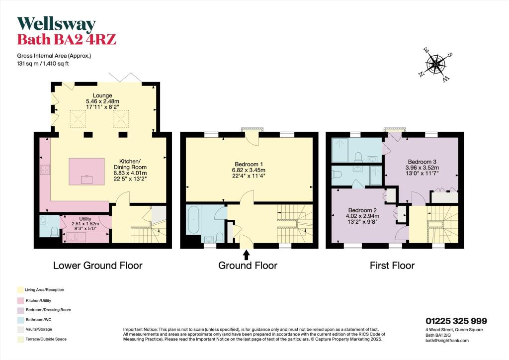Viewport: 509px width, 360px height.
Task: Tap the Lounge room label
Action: (x=102, y=95)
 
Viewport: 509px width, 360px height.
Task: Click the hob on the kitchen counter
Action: (x=45, y=170)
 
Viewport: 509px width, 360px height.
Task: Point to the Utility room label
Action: (x=85, y=219)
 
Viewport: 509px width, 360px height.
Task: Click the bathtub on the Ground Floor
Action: (x=193, y=219)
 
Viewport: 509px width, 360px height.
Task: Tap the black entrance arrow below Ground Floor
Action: (x=247, y=255)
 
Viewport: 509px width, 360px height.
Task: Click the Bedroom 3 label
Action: (x=422, y=162)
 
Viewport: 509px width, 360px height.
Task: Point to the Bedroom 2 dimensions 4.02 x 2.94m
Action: (x=362, y=216)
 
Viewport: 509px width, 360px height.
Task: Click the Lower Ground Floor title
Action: (x=98, y=266)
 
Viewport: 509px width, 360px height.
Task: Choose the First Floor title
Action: (x=392, y=266)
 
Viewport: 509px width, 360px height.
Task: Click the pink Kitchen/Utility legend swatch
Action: (x=20, y=301)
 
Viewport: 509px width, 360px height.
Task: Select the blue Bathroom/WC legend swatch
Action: (x=20, y=320)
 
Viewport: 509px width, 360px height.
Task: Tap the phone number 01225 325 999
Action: (x=456, y=321)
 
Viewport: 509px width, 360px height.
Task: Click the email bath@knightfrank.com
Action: (x=447, y=341)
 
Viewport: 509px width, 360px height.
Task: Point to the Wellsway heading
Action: (x=57, y=24)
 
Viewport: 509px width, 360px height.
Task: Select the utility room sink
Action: (x=77, y=238)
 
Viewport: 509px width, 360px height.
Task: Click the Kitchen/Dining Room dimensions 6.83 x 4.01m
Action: (x=130, y=173)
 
